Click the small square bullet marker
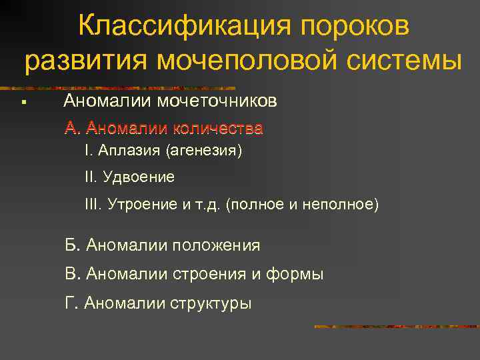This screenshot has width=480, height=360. pyautogui.click(x=23, y=102)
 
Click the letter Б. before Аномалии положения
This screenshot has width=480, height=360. pyautogui.click(x=73, y=245)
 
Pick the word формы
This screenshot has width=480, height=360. pyautogui.click(x=297, y=274)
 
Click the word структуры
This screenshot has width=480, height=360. pyautogui.click(x=211, y=303)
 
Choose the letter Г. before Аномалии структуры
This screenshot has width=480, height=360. pyautogui.click(x=72, y=303)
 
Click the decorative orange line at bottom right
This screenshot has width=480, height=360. pyautogui.click(x=396, y=327)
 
